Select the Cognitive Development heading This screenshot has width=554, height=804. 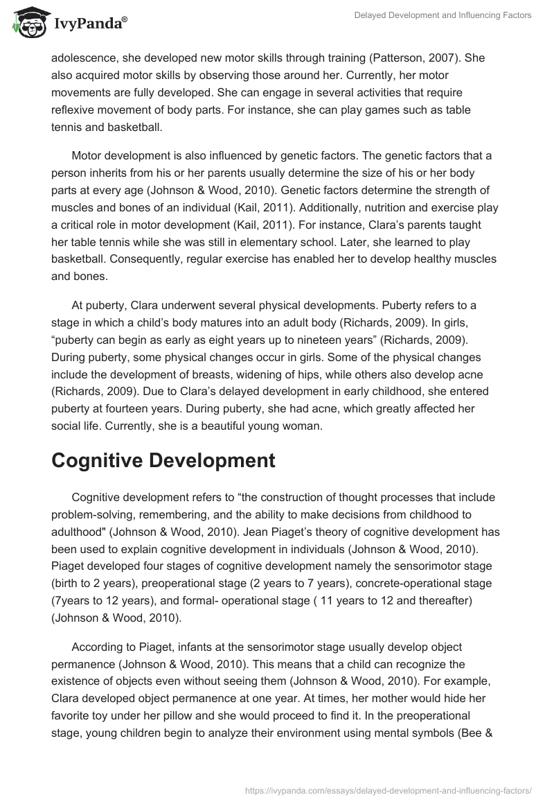pyautogui.click(x=163, y=461)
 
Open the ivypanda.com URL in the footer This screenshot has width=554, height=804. pyautogui.click(x=389, y=788)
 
